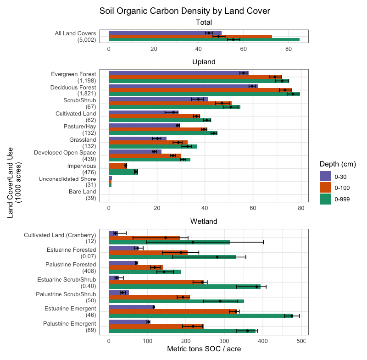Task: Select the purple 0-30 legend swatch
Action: coord(325,177)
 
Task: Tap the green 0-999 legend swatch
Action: coord(325,199)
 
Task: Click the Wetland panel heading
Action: coord(204,222)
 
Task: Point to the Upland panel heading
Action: coord(204,62)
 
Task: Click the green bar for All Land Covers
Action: coord(204,40)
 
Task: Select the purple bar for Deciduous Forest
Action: coord(183,86)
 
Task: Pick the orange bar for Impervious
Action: coord(118,166)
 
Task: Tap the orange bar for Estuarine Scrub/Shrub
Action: coord(156,282)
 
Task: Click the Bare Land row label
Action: coord(83,195)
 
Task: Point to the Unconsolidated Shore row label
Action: coord(67,182)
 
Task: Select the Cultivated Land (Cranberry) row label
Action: coord(60,238)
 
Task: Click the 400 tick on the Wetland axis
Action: coord(263,341)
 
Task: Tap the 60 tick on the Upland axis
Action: coord(253,208)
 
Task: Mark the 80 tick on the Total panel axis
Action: coord(289,49)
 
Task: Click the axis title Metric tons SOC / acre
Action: coord(204,349)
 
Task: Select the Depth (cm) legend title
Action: coord(338,164)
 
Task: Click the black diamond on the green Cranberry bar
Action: coord(193,242)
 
